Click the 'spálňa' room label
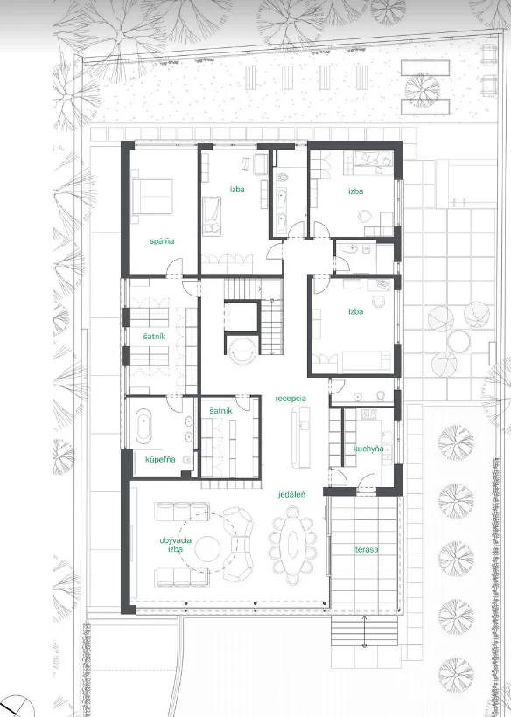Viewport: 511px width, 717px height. click(162, 241)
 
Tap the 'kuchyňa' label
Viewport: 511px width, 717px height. click(368, 449)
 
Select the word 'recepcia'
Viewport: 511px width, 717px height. click(290, 398)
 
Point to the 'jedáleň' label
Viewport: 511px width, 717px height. click(292, 494)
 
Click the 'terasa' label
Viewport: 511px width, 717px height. click(367, 549)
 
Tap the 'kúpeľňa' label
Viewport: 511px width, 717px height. click(160, 459)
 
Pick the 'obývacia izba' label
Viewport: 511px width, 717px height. click(175, 545)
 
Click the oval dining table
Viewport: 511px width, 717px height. click(293, 544)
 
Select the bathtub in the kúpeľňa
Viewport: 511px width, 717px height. click(143, 426)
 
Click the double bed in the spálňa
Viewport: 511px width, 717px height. click(151, 196)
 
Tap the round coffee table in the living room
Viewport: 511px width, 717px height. click(207, 549)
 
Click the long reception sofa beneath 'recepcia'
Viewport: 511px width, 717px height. click(300, 436)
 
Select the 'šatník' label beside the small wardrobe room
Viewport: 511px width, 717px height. click(220, 411)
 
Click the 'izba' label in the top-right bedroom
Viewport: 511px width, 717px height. click(355, 191)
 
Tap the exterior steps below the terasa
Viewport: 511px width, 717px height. click(364, 630)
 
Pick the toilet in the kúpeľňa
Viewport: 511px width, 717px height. click(187, 460)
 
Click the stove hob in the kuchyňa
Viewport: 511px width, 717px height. click(368, 414)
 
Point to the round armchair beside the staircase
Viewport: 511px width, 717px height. click(241, 352)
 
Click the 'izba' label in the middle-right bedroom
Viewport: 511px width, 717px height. click(355, 311)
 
